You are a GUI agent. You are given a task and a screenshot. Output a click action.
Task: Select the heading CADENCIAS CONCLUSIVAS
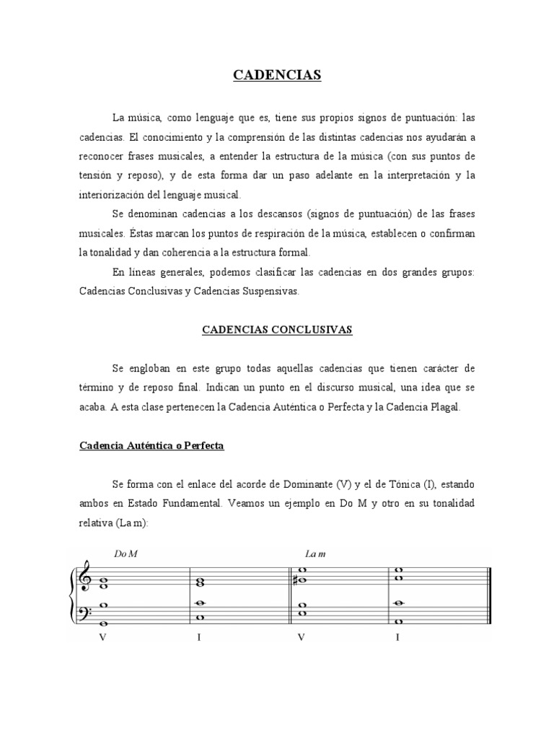pos(276,329)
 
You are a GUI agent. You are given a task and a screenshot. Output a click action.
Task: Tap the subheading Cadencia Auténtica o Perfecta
pos(151,446)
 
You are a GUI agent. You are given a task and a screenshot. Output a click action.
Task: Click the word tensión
pos(96,175)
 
